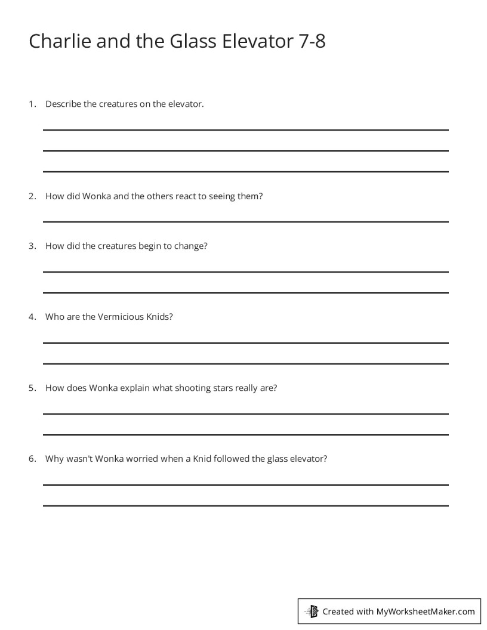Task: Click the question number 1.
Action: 32,104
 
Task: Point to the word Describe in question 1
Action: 63,104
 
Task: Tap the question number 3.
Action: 32,246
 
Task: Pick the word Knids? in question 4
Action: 159,317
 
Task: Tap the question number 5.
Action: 32,388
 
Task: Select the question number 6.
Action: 32,459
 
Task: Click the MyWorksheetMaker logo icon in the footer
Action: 312,611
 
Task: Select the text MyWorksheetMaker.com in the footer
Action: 426,611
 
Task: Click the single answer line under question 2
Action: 245,222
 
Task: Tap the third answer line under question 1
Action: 245,172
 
